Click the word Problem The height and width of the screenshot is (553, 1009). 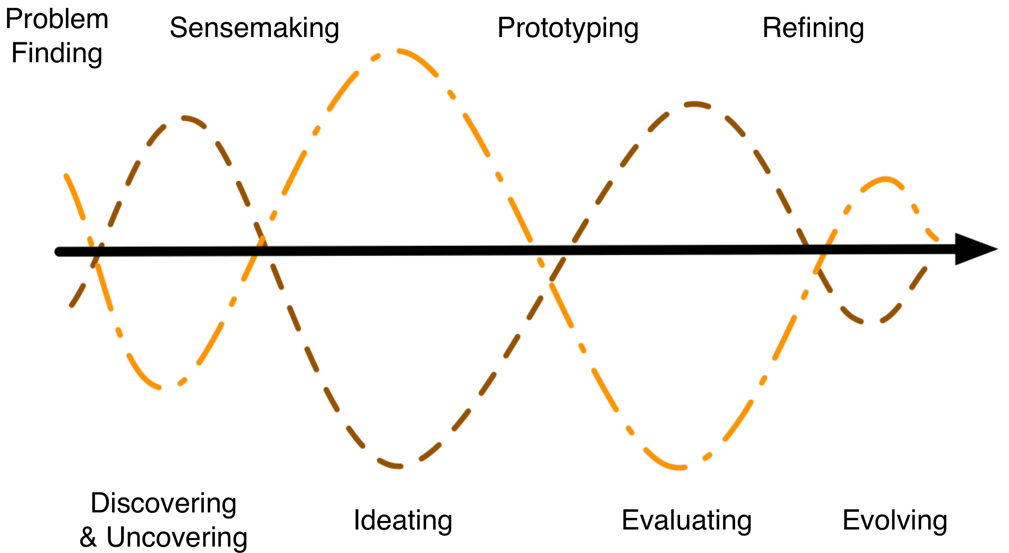coord(57,20)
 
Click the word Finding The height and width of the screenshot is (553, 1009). coord(57,53)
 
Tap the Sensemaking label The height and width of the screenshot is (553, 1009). coord(254,28)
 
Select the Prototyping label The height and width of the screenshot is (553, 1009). coord(568,28)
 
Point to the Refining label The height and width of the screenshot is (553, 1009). coord(813,28)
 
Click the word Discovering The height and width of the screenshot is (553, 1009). coord(163,503)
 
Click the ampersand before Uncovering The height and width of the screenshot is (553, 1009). coord(88,537)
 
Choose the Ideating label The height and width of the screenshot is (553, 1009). coord(403,521)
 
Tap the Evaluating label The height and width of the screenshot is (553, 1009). coord(686,521)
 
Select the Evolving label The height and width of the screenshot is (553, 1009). coord(894,521)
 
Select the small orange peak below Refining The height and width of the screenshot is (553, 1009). coord(886,179)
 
